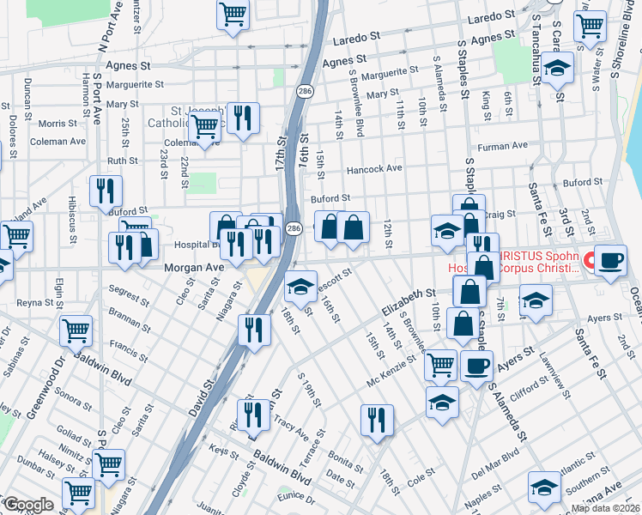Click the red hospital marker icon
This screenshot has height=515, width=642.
(589, 258)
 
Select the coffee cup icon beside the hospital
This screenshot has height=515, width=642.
(610, 261)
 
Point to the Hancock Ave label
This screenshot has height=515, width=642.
(373, 169)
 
